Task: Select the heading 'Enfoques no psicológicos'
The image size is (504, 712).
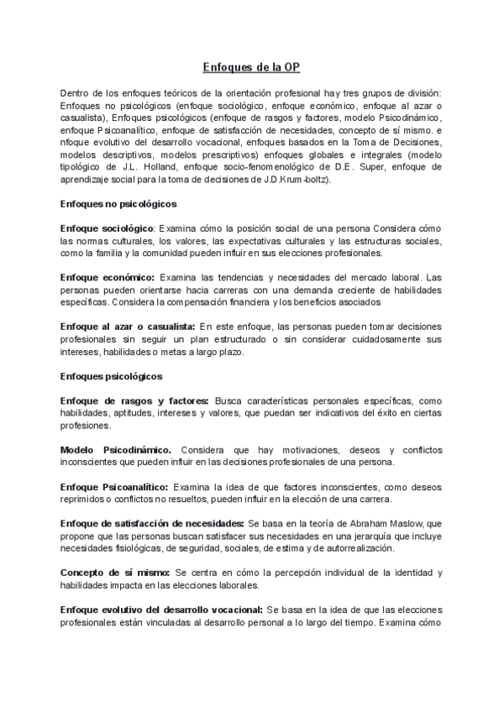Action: click(117, 204)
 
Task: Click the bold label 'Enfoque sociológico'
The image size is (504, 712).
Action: click(108, 228)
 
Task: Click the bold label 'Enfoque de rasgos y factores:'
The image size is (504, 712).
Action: click(134, 400)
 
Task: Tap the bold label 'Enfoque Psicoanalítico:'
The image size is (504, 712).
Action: click(115, 486)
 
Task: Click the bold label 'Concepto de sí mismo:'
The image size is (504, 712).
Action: click(113, 572)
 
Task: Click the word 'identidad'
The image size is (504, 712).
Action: click(412, 572)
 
